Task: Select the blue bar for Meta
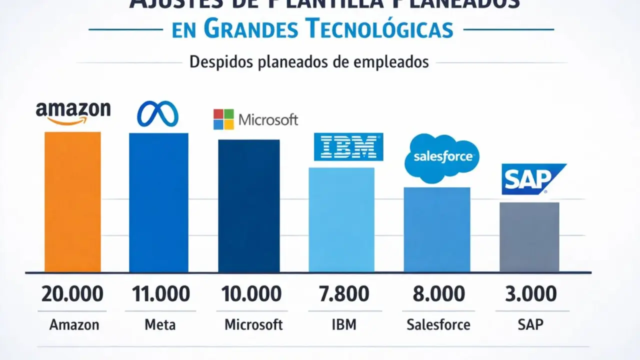point(158,202)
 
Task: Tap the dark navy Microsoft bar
point(248,205)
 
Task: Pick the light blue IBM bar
point(341,219)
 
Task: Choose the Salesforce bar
point(437,229)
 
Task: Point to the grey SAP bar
point(529,237)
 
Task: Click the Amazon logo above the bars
point(73,113)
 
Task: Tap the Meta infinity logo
point(157,113)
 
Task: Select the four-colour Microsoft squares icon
point(223,119)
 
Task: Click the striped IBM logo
point(348,147)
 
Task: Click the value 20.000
point(73,294)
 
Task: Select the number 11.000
point(160,294)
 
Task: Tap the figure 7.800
point(344,294)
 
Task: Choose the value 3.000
point(531,294)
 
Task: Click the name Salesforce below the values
point(438,324)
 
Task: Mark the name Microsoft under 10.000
point(253,324)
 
